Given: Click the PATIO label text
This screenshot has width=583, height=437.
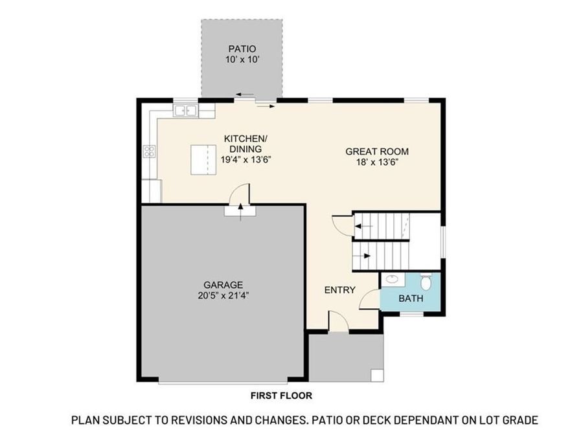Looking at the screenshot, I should click(241, 49).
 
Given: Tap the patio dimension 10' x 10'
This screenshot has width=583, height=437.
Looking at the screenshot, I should click(241, 60).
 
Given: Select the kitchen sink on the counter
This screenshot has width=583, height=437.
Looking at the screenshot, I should click(185, 111).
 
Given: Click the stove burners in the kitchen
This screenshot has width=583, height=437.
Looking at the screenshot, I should click(150, 152).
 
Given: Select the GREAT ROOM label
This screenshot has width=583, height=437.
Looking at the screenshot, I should click(376, 151).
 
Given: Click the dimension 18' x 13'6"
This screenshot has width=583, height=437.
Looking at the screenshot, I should click(376, 162).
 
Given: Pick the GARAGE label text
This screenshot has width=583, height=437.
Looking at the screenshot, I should click(223, 284).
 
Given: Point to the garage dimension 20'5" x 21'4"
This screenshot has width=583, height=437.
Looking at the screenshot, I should click(223, 296).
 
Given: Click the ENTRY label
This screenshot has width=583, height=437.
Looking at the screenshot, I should click(339, 290).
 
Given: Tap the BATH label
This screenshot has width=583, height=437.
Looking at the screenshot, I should click(411, 298).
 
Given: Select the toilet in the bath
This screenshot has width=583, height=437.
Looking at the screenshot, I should click(426, 283).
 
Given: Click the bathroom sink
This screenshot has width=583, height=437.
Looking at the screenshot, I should click(390, 280).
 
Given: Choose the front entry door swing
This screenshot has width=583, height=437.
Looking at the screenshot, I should click(337, 322).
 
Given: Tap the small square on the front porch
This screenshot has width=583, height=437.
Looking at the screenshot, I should click(376, 375).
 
